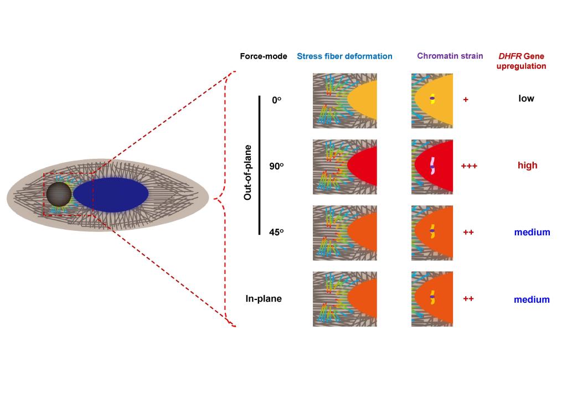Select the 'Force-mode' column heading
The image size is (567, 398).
(264, 56)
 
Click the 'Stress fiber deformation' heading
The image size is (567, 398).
(344, 56)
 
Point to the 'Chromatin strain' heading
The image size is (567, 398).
(450, 56)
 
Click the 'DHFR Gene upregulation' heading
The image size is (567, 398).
(521, 61)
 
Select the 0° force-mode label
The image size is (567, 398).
(276, 100)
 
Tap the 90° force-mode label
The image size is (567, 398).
(276, 166)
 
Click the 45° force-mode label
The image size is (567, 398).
(276, 232)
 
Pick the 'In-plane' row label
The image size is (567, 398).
(264, 299)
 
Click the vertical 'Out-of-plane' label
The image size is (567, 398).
(249, 172)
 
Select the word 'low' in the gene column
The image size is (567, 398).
(526, 99)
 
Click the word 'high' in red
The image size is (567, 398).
(527, 166)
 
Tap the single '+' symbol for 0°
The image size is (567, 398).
(466, 100)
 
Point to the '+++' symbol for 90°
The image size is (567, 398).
(469, 166)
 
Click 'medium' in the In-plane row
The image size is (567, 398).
(532, 299)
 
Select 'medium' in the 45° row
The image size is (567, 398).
(532, 232)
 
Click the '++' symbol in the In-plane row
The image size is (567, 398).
(468, 299)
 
